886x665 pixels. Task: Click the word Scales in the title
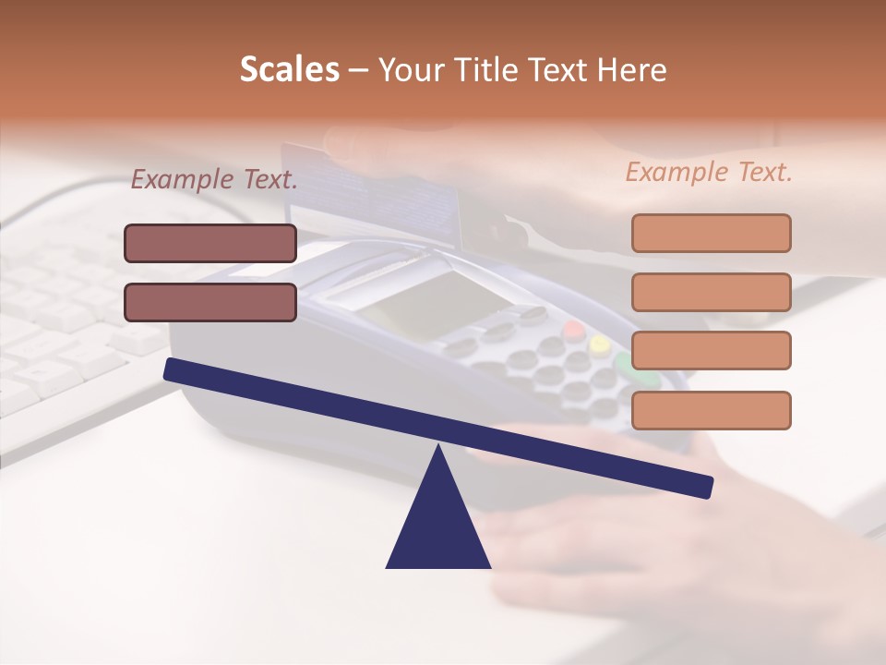click(289, 70)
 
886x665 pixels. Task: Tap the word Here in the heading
click(632, 70)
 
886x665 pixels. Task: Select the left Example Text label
click(213, 179)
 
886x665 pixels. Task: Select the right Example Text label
click(709, 172)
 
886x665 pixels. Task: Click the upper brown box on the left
click(210, 243)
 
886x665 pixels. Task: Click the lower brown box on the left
click(210, 302)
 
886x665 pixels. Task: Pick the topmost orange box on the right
click(711, 233)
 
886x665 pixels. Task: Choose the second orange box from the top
click(711, 292)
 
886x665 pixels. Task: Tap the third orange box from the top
click(711, 351)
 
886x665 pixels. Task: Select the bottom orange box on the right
click(711, 410)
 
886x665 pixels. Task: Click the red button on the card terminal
click(574, 331)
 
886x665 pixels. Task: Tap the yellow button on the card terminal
click(600, 346)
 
